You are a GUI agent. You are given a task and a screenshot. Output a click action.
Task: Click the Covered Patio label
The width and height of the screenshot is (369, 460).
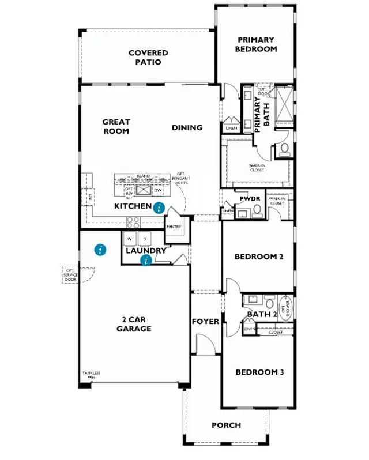point(148,58)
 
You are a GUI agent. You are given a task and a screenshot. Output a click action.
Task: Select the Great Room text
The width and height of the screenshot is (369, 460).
point(116,126)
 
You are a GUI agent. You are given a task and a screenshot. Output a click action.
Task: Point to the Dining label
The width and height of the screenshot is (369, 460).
point(187,127)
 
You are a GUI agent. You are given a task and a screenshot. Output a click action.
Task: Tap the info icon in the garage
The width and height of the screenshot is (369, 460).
point(101,250)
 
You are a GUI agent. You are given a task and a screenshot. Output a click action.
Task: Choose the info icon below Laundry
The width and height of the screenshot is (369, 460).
point(146,261)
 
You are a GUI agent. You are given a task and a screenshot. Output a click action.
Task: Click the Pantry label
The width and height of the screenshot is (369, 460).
point(174,227)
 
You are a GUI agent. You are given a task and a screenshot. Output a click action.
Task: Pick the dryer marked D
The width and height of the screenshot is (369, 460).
point(145,238)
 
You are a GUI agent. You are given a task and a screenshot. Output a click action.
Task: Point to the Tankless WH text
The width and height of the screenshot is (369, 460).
point(91,375)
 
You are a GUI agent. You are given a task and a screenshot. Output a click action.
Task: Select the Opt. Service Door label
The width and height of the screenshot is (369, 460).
point(71,274)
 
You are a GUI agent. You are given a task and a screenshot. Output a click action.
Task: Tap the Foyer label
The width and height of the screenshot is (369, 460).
point(205,321)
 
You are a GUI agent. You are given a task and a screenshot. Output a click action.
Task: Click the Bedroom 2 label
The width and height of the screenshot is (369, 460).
point(259,257)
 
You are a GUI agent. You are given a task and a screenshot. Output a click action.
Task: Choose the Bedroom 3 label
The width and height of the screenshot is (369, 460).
point(259,372)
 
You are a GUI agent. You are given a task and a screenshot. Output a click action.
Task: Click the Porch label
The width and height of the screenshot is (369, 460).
point(226,425)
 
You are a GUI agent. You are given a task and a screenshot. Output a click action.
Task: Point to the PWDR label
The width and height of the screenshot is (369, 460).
point(250,199)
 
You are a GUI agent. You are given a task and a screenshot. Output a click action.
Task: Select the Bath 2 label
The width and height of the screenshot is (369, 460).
point(262,314)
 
